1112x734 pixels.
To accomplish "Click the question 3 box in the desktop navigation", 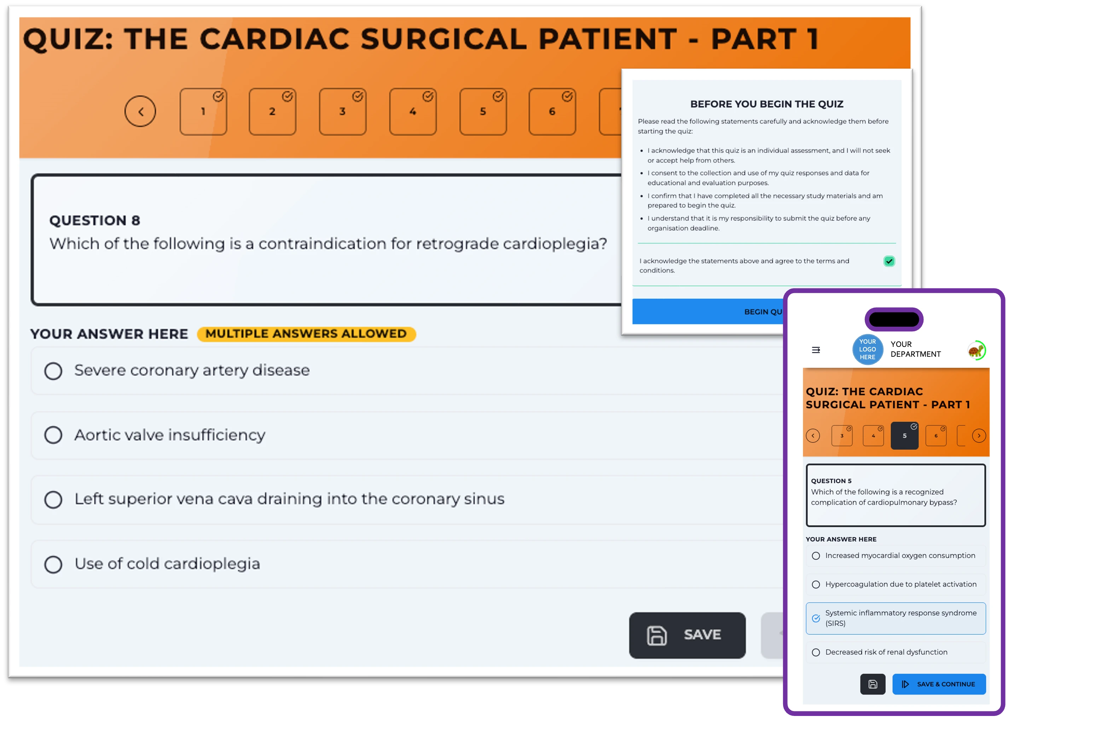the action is pos(342,111).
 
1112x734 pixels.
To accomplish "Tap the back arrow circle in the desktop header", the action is pos(140,111).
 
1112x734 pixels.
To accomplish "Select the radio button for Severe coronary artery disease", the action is pos(53,371).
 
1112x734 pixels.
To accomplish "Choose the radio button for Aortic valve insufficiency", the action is pos(53,435).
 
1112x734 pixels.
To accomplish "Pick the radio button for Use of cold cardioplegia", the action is pos(53,565).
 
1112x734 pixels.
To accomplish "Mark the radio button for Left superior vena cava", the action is pos(53,500).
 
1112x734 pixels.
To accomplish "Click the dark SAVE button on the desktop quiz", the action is pos(687,635).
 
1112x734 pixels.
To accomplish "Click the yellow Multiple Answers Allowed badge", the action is pos(306,334).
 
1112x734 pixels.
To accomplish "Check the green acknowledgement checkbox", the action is pos(889,261).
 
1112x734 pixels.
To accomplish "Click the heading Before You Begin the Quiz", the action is pos(766,104).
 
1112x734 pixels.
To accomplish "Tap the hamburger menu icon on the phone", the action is pos(816,350).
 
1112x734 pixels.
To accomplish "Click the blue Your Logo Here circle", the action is pos(867,349).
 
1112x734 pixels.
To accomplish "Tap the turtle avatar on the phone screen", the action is pos(976,350).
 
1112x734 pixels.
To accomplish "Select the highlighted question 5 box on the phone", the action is pos(904,436).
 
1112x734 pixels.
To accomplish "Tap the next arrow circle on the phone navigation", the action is pos(979,436).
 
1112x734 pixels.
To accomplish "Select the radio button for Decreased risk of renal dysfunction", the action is pos(816,653).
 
